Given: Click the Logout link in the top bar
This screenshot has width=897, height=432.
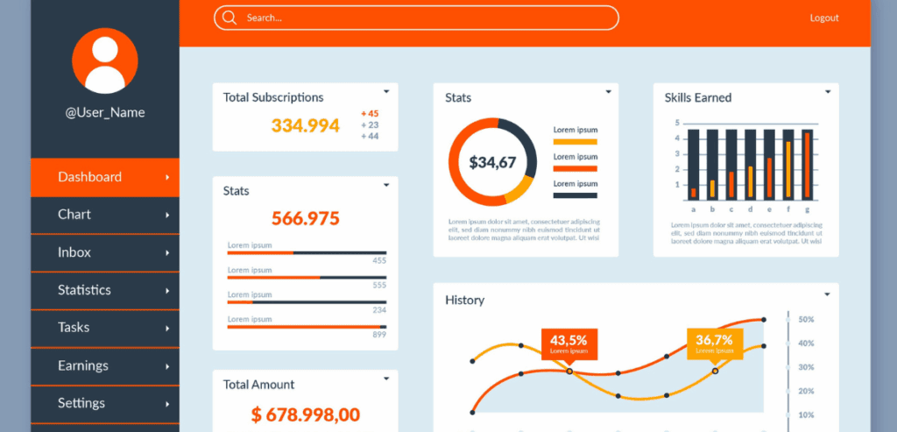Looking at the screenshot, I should pyautogui.click(x=823, y=18).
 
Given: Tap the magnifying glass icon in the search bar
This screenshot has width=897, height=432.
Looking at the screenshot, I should pyautogui.click(x=230, y=18).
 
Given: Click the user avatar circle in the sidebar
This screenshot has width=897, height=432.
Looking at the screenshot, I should pyautogui.click(x=105, y=60).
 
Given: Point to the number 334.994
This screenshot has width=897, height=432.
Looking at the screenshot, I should pyautogui.click(x=305, y=125).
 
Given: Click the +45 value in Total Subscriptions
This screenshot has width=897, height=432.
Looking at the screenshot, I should pyautogui.click(x=370, y=114).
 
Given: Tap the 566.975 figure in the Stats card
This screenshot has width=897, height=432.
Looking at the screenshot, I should pyautogui.click(x=305, y=218).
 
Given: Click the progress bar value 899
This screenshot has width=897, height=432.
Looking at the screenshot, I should pyautogui.click(x=379, y=335).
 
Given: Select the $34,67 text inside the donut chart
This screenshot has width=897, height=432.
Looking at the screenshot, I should pyautogui.click(x=492, y=162).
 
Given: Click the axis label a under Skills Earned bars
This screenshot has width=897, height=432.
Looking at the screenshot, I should pyautogui.click(x=694, y=209).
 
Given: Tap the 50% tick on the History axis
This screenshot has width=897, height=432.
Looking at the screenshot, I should pyautogui.click(x=806, y=320).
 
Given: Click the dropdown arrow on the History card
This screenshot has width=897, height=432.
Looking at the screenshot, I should pyautogui.click(x=827, y=294).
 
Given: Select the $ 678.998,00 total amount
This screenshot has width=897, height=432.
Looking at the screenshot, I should pyautogui.click(x=305, y=414).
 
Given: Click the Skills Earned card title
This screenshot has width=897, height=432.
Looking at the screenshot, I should pyautogui.click(x=698, y=97).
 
